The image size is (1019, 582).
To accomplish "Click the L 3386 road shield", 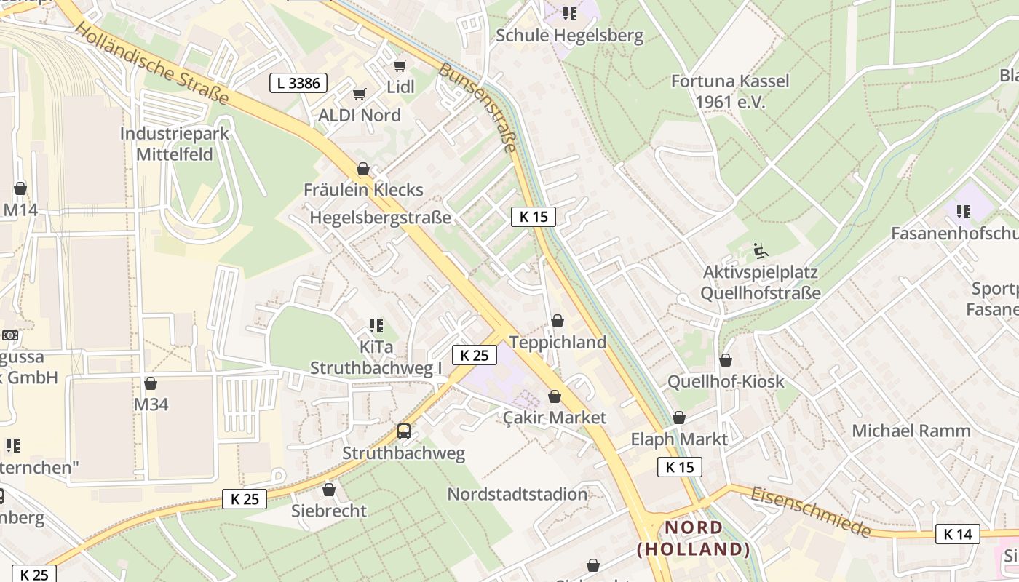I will [x=298, y=83].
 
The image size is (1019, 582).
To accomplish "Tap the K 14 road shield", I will [x=957, y=534].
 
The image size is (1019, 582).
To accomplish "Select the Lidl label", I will [x=400, y=87].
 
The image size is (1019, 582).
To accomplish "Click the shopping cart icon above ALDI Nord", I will [x=359, y=95].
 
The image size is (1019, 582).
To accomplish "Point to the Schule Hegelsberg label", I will [x=570, y=36].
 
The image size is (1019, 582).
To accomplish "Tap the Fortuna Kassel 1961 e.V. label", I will [x=730, y=91].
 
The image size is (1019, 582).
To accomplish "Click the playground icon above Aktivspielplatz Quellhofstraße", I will [x=760, y=252].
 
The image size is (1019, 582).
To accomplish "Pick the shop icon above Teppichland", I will [x=558, y=321].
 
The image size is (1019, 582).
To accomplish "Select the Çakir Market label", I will [x=555, y=418].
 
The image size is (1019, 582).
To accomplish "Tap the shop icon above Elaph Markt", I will [x=679, y=418].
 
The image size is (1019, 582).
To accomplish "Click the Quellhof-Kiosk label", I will [x=726, y=381].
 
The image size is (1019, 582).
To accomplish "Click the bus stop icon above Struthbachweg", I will [x=404, y=431].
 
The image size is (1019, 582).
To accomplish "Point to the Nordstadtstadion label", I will [x=517, y=494].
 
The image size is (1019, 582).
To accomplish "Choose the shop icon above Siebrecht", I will [x=329, y=490].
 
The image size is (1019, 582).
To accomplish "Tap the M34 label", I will [x=151, y=404].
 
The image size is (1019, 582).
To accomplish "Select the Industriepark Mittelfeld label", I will [x=175, y=144].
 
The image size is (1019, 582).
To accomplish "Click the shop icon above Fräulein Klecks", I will [x=363, y=170].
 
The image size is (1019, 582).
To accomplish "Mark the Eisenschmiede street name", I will [x=811, y=511].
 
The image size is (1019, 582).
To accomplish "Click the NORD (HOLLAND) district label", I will [x=694, y=538].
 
